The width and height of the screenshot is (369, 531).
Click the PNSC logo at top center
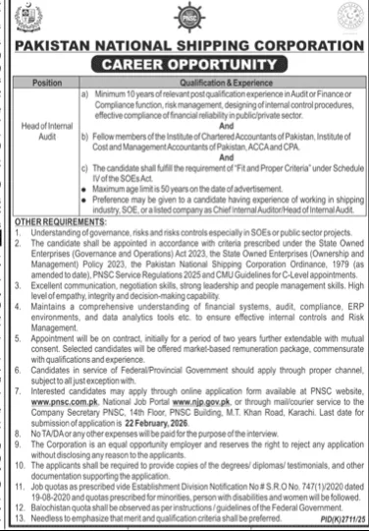pyautogui.click(x=185, y=20)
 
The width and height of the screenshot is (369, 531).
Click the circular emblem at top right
pyautogui.click(x=346, y=20)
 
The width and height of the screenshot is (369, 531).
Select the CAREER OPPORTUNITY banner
pyautogui.click(x=185, y=66)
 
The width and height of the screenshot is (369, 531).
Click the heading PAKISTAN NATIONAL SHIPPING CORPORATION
pyautogui.click(x=184, y=47)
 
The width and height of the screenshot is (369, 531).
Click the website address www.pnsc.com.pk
pyautogui.click(x=42, y=402)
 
